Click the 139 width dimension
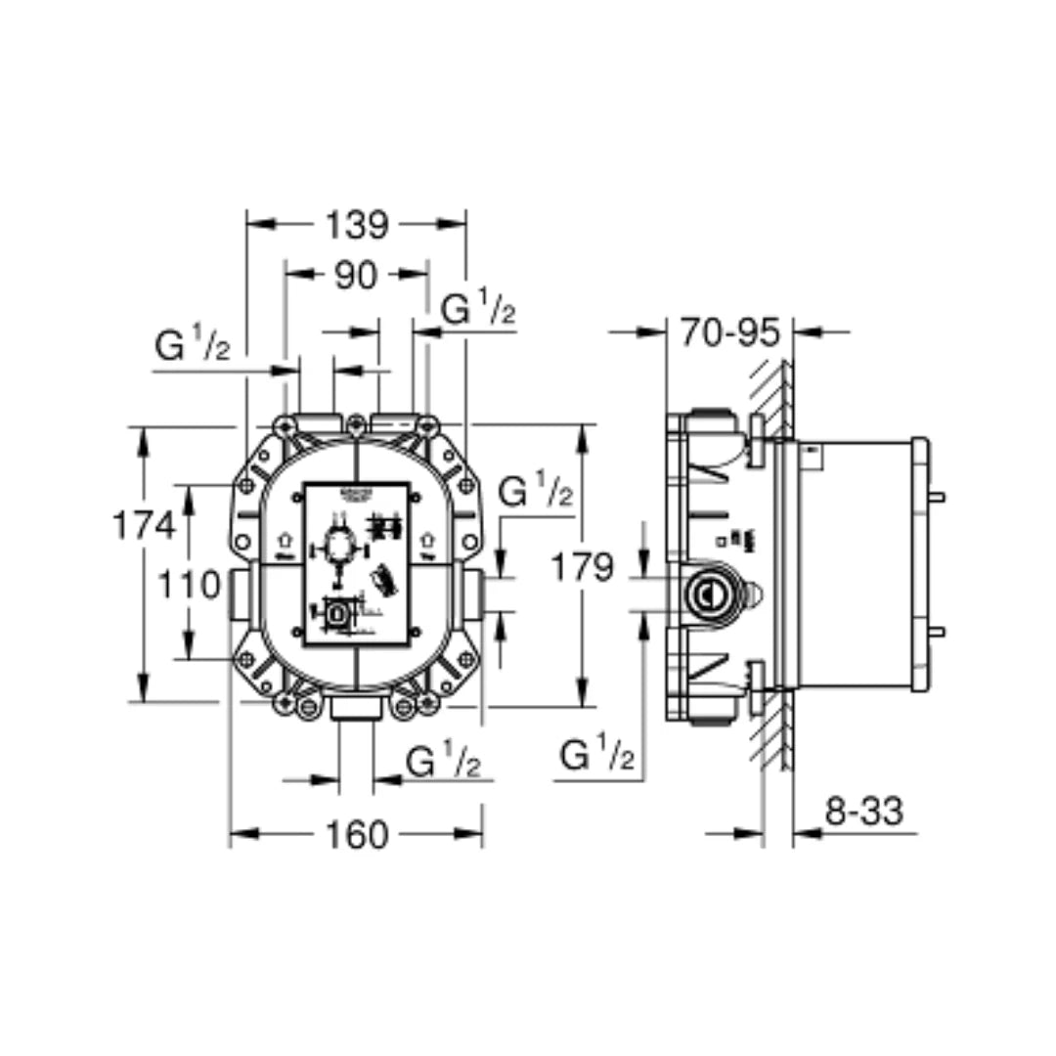pos(356,225)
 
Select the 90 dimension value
pos(356,276)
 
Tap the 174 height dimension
pos(143,525)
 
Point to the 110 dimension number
pos(189,585)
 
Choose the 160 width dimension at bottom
pos(356,835)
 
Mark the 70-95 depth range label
pos(729,332)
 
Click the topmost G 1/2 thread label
pos(478,310)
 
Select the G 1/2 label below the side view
pos(597,756)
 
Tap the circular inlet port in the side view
pos(702,592)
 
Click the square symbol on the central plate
pos(338,614)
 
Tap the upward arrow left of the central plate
pos(285,538)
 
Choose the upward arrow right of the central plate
pos(427,538)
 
